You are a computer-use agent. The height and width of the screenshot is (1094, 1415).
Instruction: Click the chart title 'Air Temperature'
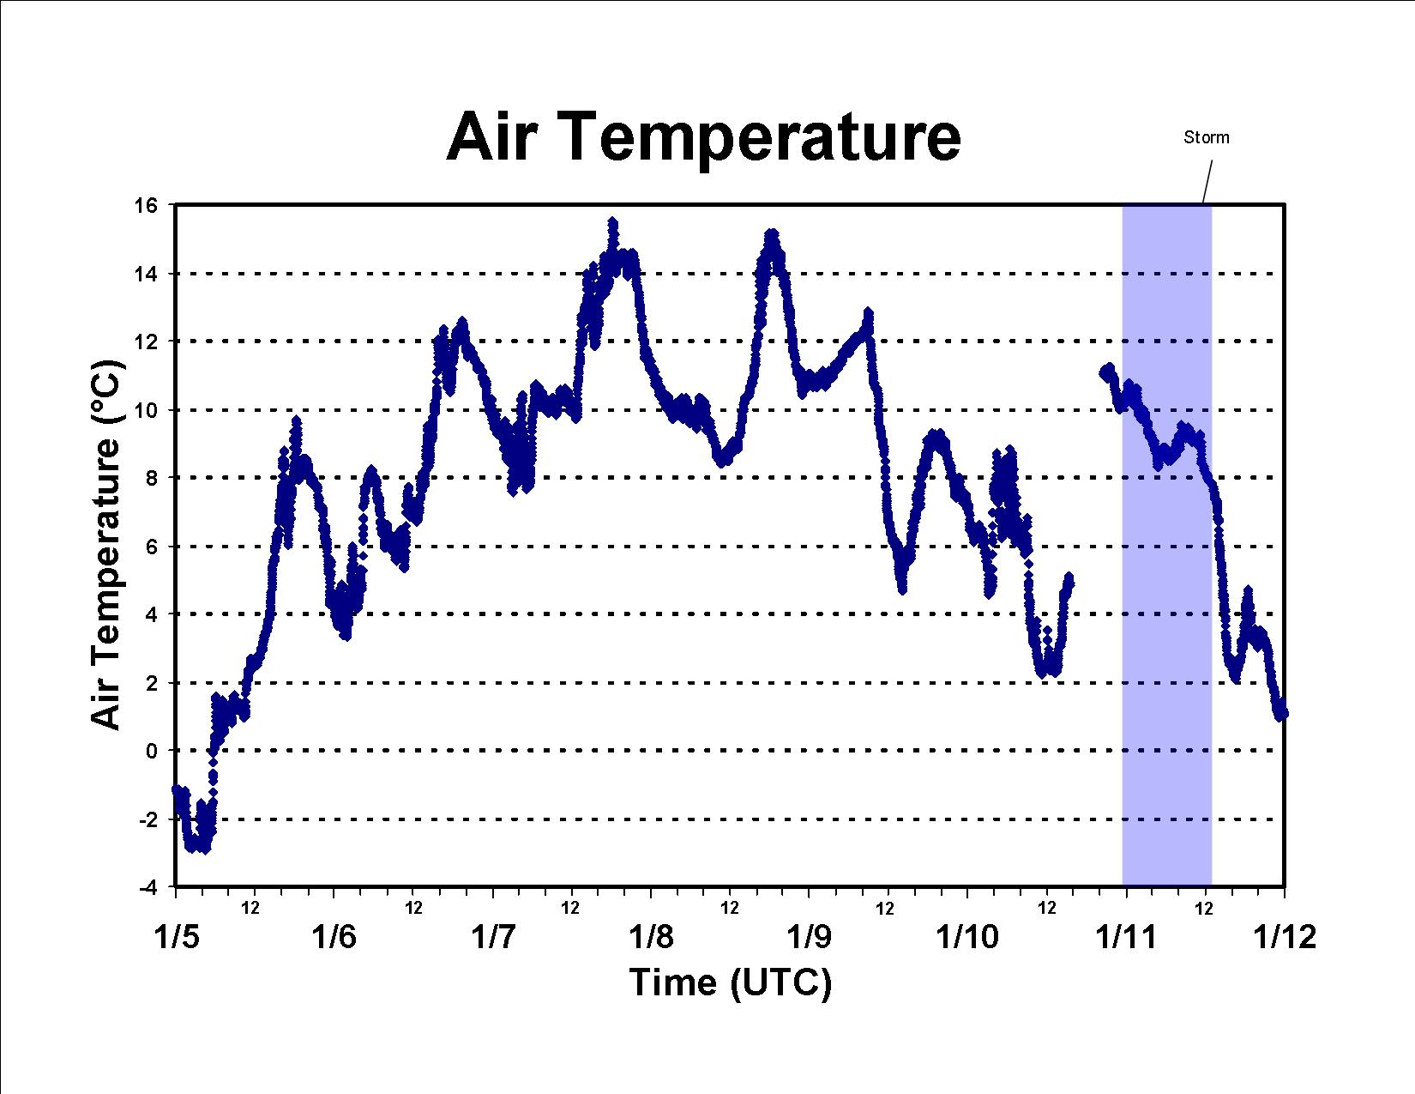[x=703, y=136]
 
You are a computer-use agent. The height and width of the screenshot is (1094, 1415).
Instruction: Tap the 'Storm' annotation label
[x=1206, y=137]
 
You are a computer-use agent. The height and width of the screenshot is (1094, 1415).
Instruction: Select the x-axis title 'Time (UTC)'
[x=730, y=982]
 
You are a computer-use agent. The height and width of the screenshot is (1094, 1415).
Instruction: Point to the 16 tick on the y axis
[x=146, y=206]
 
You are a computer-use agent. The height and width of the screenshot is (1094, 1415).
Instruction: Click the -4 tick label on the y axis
[x=148, y=887]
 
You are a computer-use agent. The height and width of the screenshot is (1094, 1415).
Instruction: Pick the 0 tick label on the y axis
[x=152, y=751]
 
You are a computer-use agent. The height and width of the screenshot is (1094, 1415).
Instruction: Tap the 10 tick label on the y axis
[x=146, y=410]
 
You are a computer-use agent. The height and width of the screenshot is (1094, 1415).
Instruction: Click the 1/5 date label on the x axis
[x=177, y=938]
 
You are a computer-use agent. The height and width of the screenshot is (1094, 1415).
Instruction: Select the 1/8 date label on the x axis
[x=651, y=938]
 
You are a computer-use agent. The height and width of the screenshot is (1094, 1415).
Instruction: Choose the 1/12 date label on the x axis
[x=1285, y=938]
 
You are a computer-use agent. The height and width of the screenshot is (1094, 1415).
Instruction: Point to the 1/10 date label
[x=967, y=938]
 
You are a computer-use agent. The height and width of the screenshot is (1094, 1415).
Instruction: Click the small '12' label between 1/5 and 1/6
[x=250, y=908]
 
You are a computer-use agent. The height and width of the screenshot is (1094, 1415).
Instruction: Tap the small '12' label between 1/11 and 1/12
[x=1204, y=908]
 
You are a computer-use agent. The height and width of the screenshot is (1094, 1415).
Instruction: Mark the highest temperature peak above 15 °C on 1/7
[x=613, y=223]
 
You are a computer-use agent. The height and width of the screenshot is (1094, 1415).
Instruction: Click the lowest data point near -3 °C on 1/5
[x=206, y=849]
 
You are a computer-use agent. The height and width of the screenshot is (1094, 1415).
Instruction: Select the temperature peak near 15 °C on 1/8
[x=772, y=233]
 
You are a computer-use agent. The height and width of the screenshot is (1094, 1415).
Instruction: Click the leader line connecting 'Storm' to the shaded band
[x=1208, y=182]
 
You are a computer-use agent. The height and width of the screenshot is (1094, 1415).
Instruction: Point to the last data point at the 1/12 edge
[x=1284, y=714]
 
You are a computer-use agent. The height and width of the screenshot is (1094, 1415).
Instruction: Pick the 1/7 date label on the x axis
[x=493, y=938]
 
